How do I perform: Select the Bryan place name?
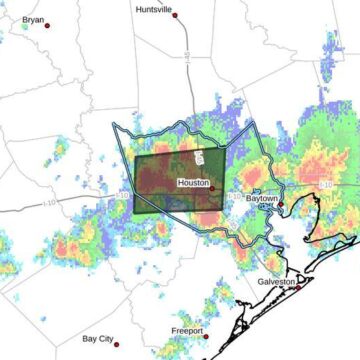[33, 19]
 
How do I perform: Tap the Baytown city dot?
[282, 204]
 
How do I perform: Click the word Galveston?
[276, 282]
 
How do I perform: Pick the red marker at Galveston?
[298, 286]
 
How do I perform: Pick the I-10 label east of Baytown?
[325, 185]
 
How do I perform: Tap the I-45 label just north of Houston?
[200, 158]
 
